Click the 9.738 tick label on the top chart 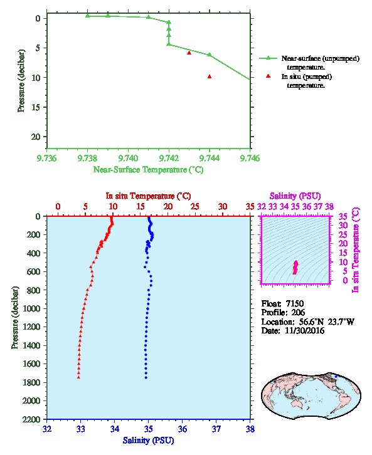pos(87,159)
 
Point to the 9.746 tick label pos(250,159)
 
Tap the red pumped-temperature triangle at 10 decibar pos(210,76)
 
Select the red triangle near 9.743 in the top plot pos(189,53)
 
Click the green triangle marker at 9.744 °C pos(210,55)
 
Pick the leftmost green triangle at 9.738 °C pos(87,16)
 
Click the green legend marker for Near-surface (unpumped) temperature pos(268,58)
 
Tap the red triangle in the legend pos(268,76)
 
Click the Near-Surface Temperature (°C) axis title pos(148,169)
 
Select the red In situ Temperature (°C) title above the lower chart pos(148,196)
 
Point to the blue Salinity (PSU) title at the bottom pos(148,440)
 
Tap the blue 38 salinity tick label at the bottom pos(250,429)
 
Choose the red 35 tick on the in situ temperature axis pos(250,207)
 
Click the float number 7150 pos(294,303)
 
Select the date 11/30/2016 pos(304,330)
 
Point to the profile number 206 pos(298,313)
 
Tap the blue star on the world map pos(336,377)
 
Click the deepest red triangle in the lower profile pos(78,377)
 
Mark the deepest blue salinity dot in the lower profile pos(146,377)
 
